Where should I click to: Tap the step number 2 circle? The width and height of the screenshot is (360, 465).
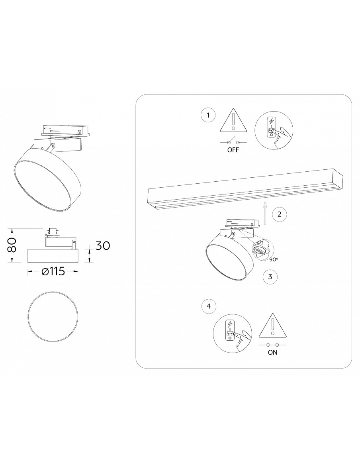point(279,214)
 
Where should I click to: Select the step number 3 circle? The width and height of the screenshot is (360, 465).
point(270,277)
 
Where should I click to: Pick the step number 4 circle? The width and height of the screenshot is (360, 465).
point(209,306)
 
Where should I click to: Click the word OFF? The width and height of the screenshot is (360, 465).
point(233,150)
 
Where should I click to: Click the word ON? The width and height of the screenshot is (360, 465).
point(273,353)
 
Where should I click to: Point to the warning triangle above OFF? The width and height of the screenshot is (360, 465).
point(233,123)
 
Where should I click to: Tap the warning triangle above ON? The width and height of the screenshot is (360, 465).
point(273,326)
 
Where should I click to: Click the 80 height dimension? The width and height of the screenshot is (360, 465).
point(12,245)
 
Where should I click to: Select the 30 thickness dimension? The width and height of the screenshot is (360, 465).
point(102,246)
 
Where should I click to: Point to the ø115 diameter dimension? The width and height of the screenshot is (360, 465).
point(53,271)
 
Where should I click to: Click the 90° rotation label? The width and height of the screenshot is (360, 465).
point(274,259)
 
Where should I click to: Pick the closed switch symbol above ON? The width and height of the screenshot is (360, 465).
point(273,345)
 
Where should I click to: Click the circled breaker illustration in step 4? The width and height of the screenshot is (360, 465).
point(233,334)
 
